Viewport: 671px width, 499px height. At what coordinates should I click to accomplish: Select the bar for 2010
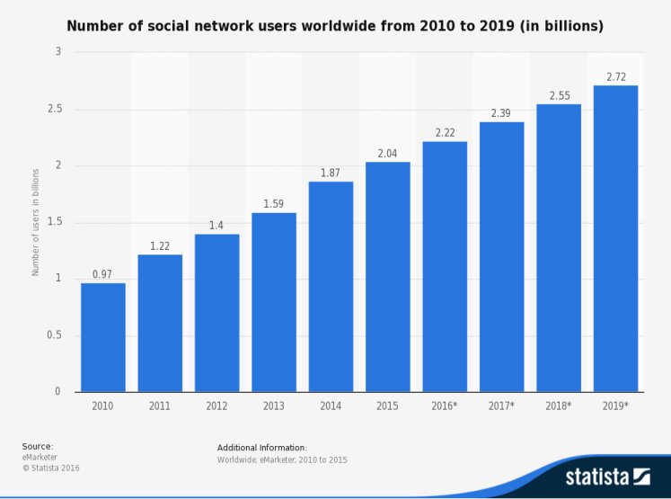[103, 337]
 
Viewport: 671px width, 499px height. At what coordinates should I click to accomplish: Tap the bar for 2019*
[615, 238]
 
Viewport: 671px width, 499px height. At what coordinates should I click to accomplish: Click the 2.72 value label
[615, 77]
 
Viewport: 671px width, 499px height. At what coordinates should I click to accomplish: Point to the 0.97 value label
[103, 274]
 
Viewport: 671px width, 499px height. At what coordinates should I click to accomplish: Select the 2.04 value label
[388, 154]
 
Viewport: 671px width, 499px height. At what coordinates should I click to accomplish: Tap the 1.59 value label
[274, 204]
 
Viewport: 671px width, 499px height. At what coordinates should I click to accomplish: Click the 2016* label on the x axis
[445, 406]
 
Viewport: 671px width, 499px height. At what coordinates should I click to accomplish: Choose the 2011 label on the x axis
[160, 406]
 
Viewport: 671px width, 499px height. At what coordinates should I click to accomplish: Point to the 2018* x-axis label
[559, 406]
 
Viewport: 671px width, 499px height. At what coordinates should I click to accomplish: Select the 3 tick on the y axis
[58, 53]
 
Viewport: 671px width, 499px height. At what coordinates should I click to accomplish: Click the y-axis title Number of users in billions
[35, 221]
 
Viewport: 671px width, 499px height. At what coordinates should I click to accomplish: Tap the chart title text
[335, 27]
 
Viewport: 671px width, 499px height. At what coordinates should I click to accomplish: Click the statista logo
[607, 477]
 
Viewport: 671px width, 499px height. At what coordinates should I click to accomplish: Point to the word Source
[38, 446]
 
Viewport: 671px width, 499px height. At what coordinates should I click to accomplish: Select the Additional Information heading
[262, 447]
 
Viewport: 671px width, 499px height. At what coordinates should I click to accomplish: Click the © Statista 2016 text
[50, 468]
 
